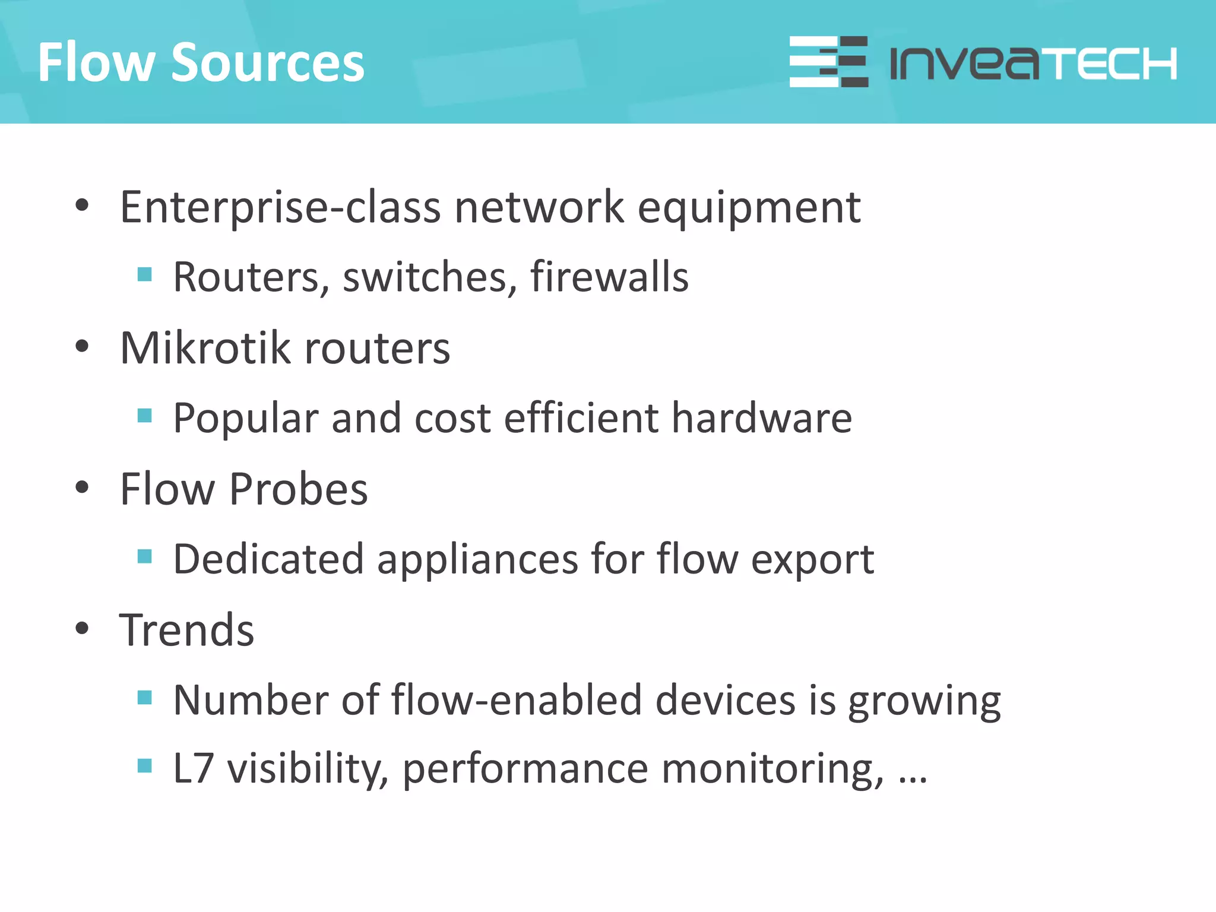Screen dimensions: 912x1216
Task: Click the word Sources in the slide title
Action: [268, 62]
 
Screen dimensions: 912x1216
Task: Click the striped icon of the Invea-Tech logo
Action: [828, 62]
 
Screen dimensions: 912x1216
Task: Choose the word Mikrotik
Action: [205, 348]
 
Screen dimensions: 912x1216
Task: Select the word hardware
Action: [762, 418]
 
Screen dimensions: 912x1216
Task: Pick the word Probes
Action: [299, 489]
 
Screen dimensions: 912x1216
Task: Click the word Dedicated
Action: [268, 559]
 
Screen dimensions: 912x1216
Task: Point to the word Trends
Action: [187, 630]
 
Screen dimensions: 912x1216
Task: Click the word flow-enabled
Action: [517, 701]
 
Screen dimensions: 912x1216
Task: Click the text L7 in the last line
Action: [193, 769]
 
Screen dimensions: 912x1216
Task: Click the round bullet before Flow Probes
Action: [82, 488]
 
